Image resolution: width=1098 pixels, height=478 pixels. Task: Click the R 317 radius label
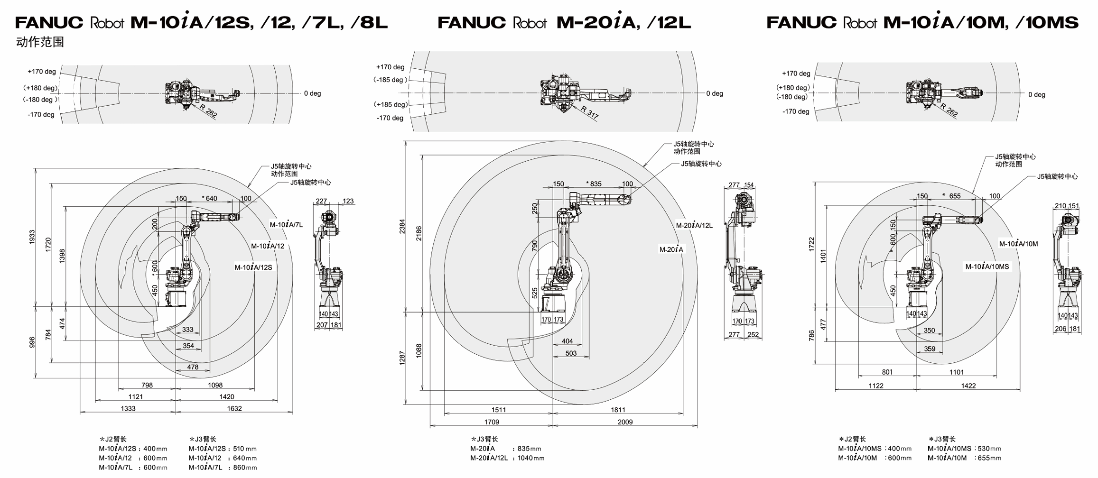[x=590, y=112]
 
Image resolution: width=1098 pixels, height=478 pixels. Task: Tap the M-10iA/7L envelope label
[x=286, y=225]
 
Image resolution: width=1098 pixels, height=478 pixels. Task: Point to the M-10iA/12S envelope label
[x=253, y=267]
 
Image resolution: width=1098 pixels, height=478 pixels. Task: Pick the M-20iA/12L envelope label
[x=694, y=226]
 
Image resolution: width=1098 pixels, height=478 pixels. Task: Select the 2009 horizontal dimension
[x=625, y=422]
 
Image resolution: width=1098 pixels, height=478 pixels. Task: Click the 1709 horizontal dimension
[x=492, y=422]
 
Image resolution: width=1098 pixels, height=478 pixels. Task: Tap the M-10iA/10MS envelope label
[x=987, y=267]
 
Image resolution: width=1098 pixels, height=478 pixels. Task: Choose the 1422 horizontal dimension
[x=968, y=386]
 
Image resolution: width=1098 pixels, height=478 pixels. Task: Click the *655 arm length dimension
[x=951, y=196]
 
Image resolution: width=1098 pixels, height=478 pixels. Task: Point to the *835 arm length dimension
[x=594, y=184]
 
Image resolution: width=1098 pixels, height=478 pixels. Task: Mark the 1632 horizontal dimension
[x=234, y=408]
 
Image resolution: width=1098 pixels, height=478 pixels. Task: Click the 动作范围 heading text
[x=40, y=42]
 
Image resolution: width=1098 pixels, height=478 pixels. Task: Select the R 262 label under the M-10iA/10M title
[x=949, y=110]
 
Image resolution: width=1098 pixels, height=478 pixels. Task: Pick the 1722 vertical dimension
[x=811, y=244]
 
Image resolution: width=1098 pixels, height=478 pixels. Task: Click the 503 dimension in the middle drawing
[x=571, y=353]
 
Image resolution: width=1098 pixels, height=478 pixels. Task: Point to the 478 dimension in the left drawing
[x=193, y=367]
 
